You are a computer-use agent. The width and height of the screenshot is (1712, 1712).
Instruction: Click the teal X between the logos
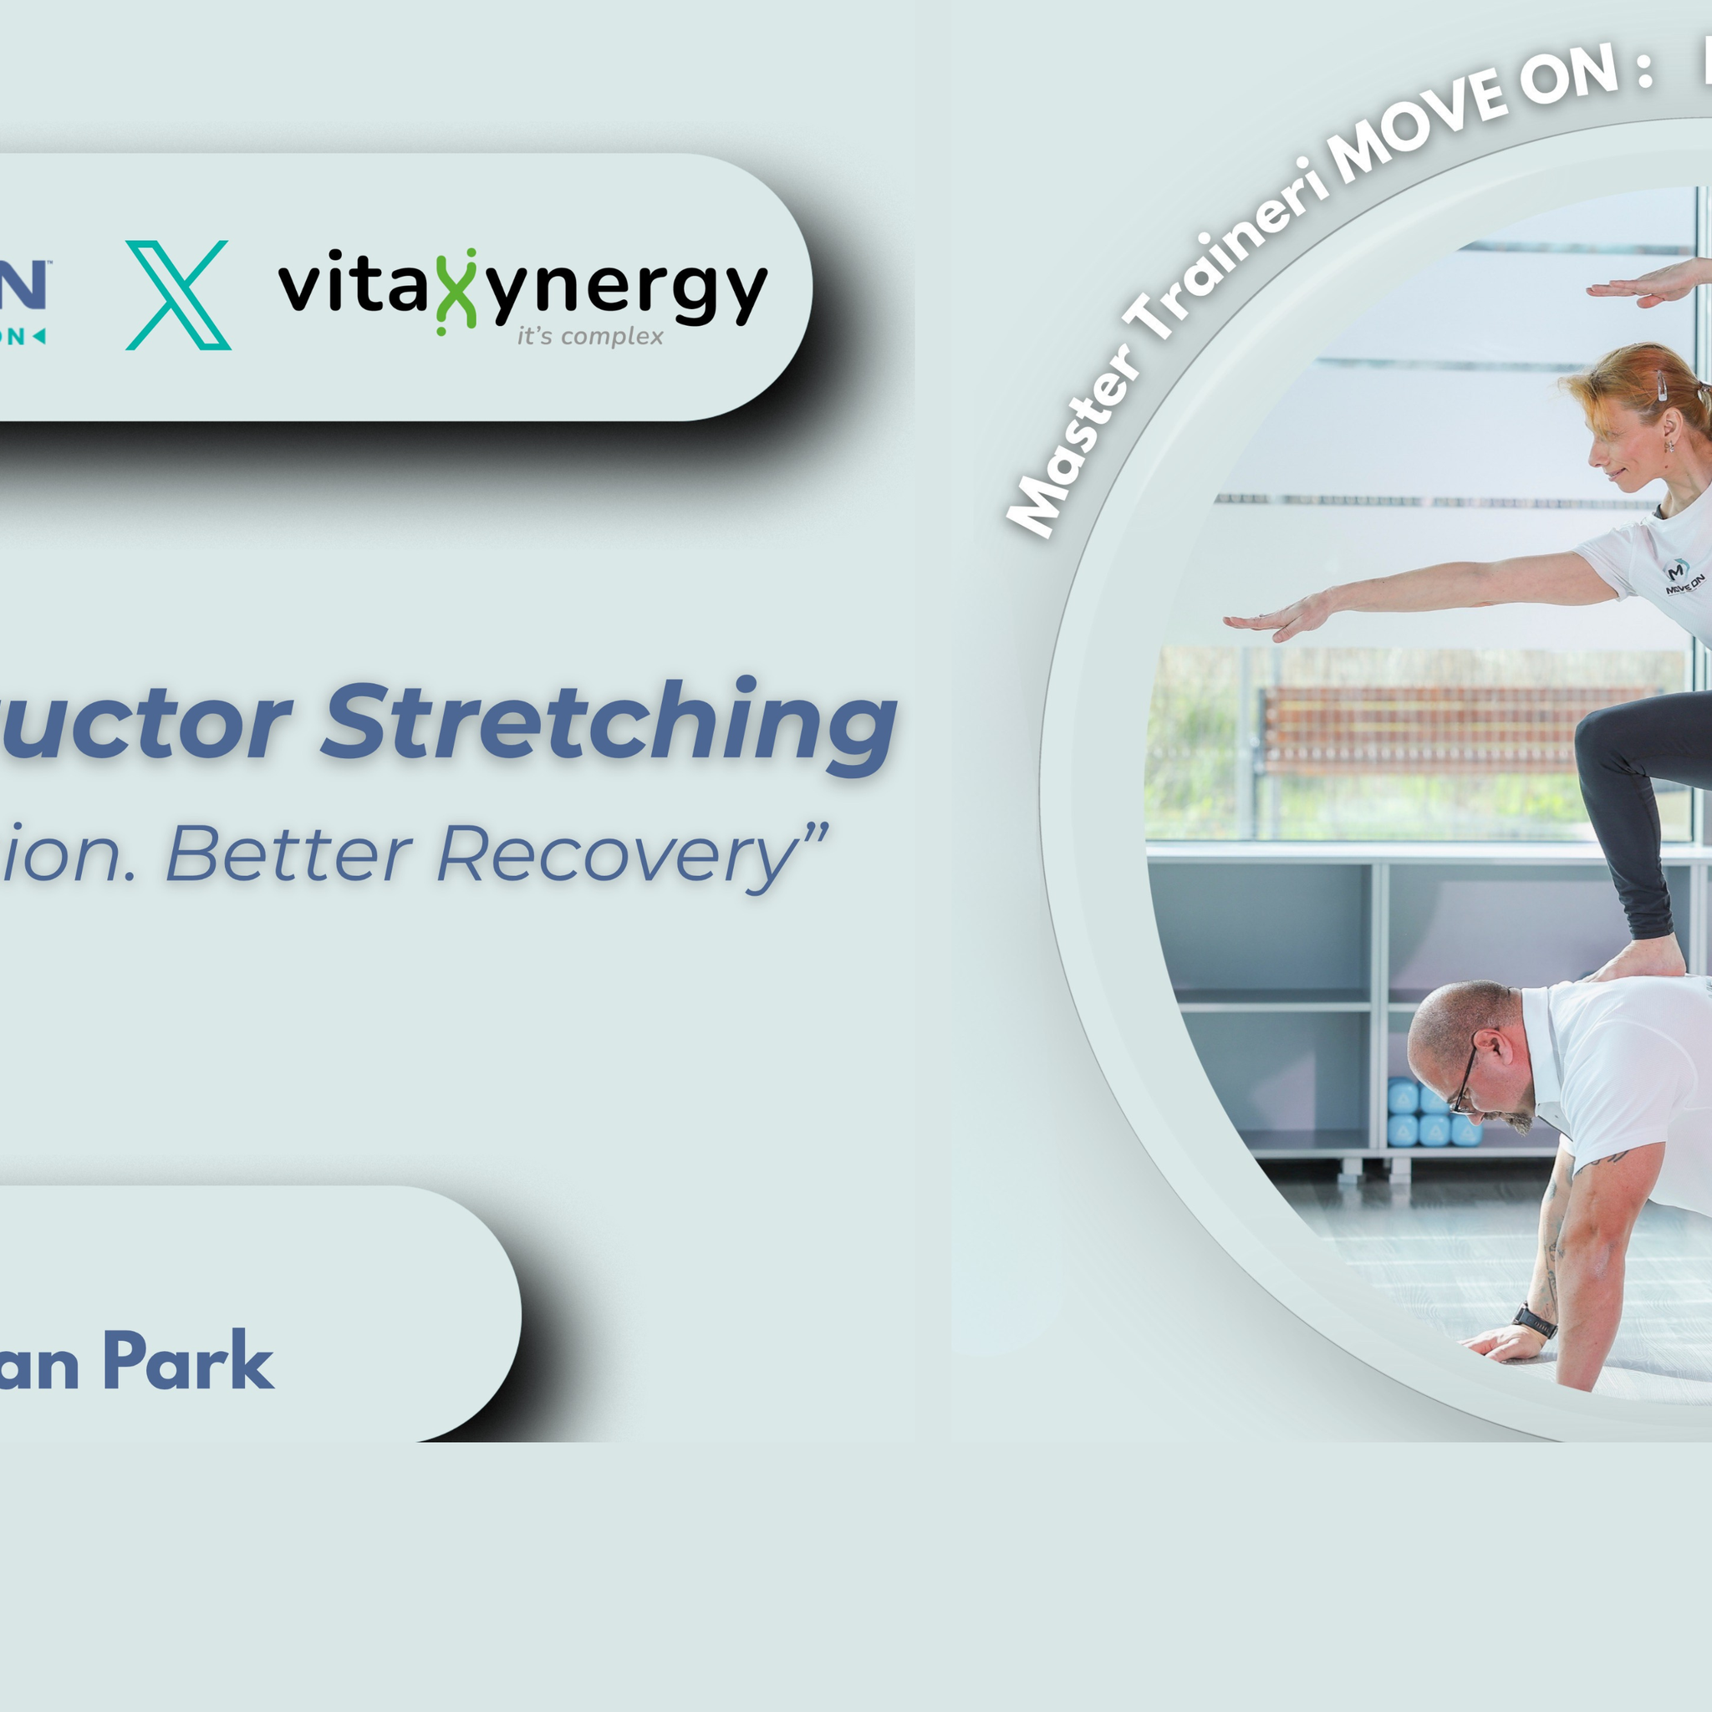(x=178, y=295)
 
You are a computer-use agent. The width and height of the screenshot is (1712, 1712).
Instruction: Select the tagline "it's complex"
(x=590, y=337)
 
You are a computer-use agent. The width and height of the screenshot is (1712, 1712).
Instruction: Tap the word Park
(x=188, y=1361)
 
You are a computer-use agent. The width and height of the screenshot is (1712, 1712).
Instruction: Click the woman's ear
(x=1670, y=429)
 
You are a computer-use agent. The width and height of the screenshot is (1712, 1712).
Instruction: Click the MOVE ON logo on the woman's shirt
(x=1682, y=577)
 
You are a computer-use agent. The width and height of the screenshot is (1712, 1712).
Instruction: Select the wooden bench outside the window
(x=1453, y=726)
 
